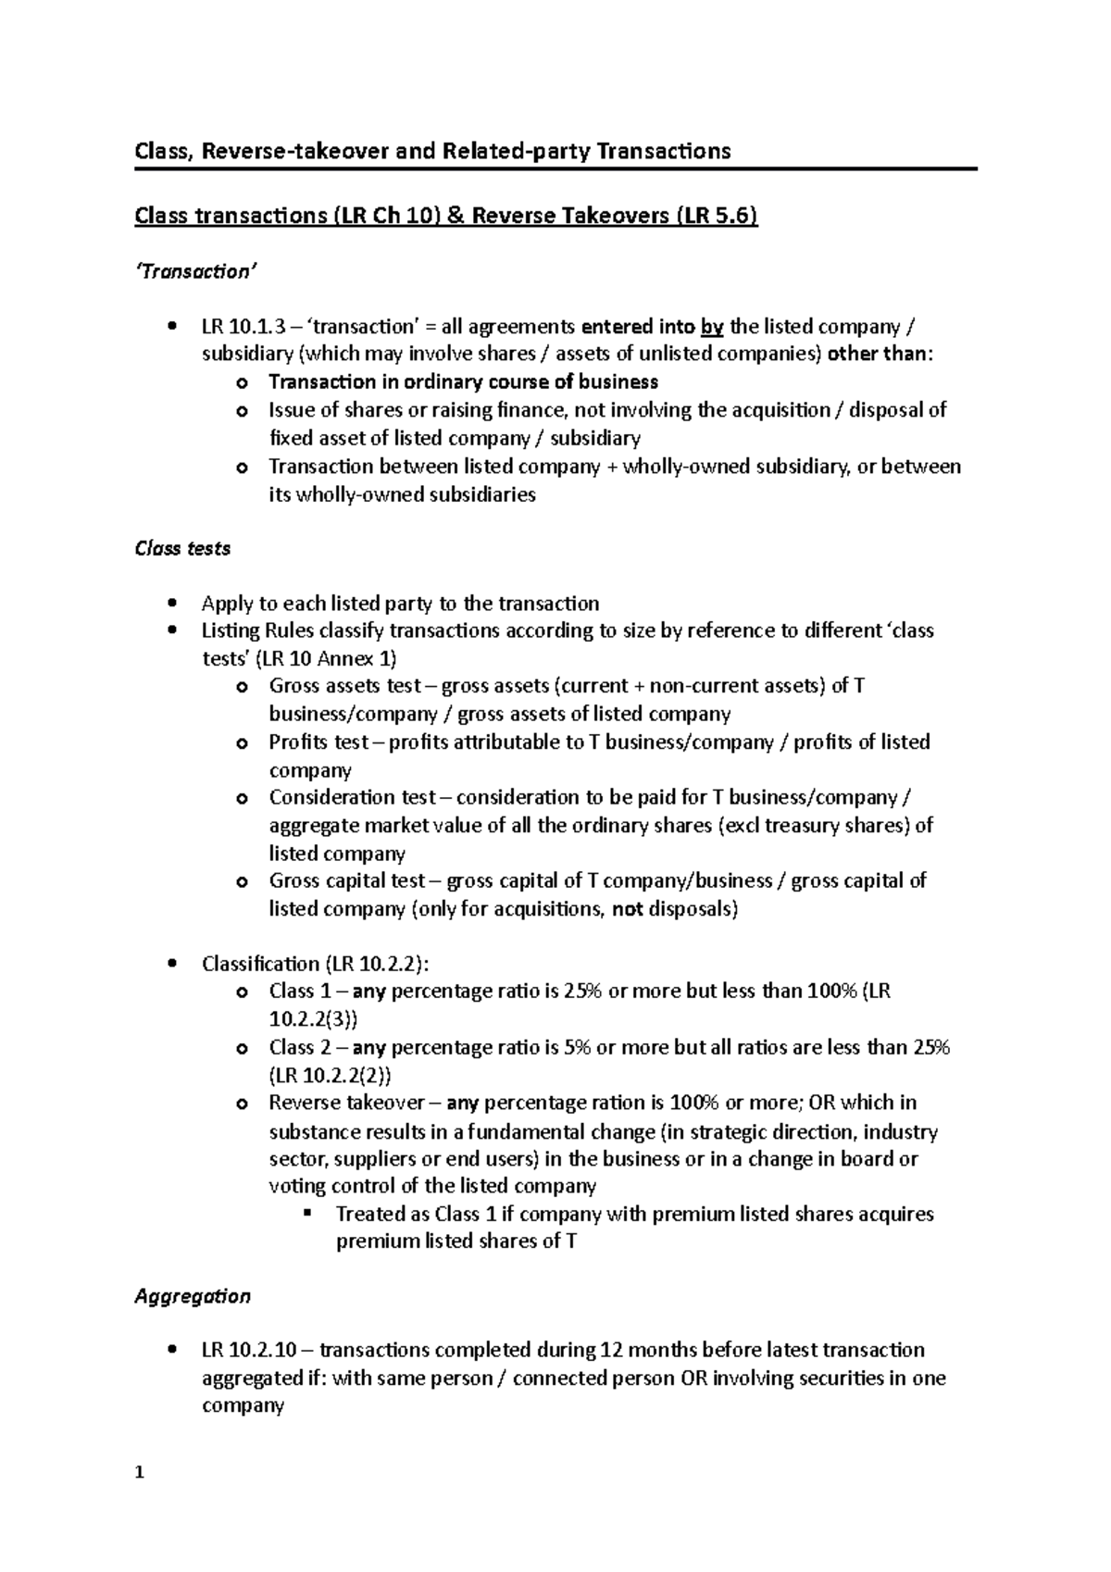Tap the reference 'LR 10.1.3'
[243, 327]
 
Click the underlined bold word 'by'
[712, 327]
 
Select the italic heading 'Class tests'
[182, 548]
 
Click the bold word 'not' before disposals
[627, 908]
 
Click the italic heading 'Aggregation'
[193, 1296]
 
